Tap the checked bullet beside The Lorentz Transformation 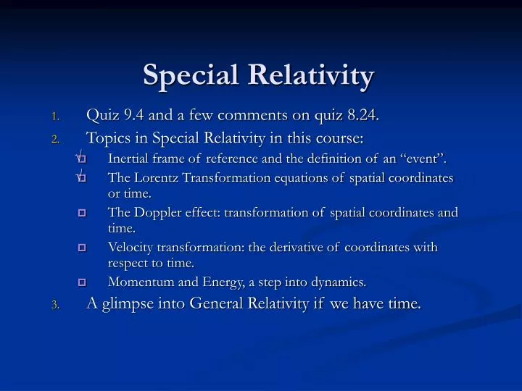coord(81,177)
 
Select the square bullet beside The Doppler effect coord(82,213)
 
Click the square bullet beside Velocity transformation coord(82,248)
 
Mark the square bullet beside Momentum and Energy coord(82,282)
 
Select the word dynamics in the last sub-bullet coord(341,282)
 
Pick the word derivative coord(296,248)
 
